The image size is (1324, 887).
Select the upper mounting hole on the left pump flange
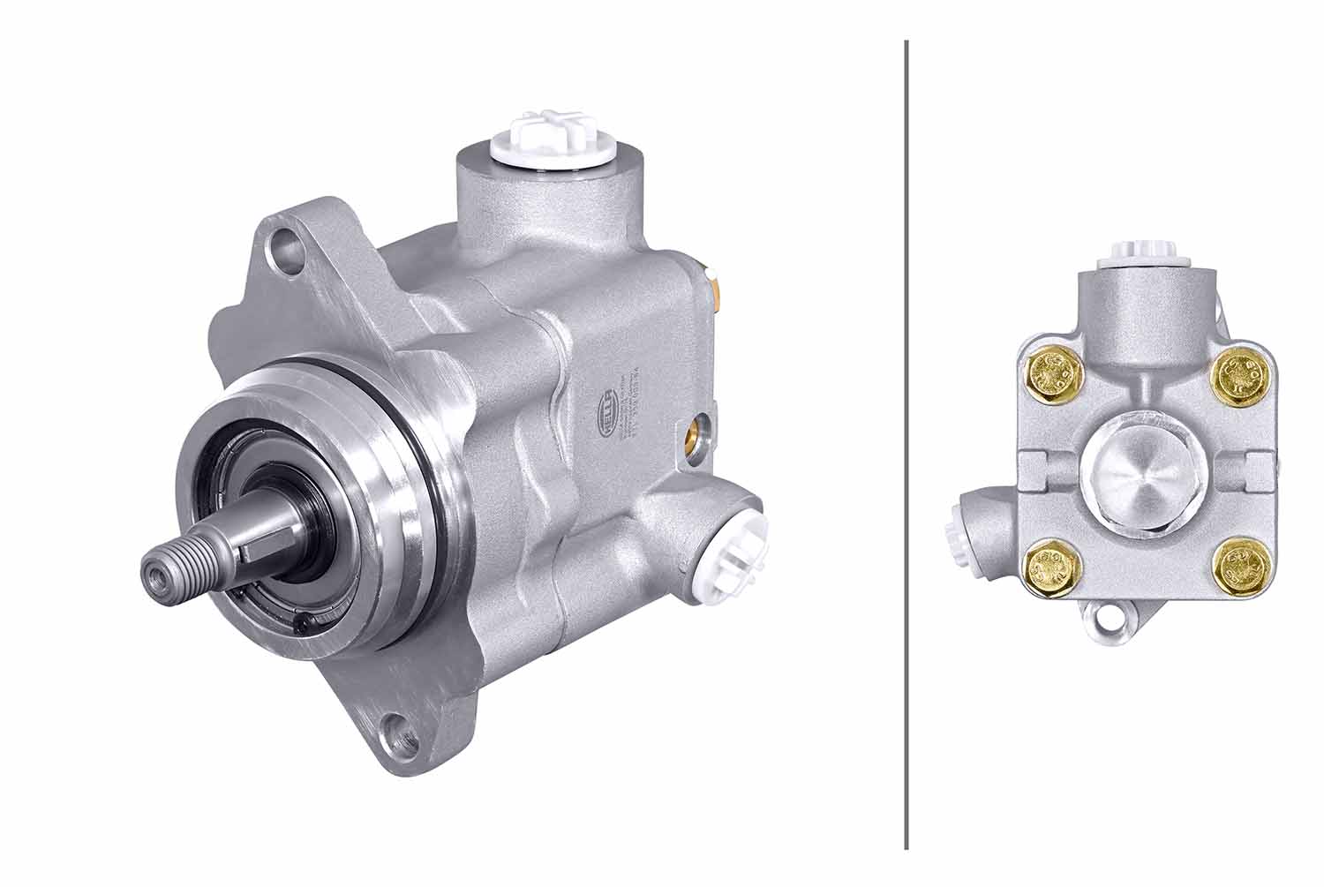coord(284,243)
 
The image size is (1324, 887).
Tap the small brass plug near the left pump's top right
coord(718,284)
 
